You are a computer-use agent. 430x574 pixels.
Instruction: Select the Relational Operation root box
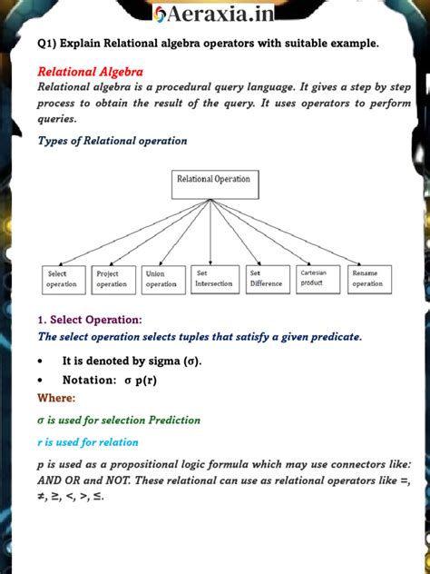tap(213, 184)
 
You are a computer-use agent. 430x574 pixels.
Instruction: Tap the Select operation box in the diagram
tap(64, 279)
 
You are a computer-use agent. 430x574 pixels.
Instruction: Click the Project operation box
tap(113, 279)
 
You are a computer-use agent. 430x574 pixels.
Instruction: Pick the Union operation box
tap(163, 279)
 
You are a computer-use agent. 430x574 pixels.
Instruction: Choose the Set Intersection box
tap(213, 278)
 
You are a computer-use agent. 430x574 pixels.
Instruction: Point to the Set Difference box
tap(268, 278)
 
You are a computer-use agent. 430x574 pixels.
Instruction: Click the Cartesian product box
tap(318, 277)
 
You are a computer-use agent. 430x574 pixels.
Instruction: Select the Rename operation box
tap(369, 279)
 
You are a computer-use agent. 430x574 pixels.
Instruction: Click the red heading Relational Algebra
tap(90, 71)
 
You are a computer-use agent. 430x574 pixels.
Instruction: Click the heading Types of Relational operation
tap(112, 141)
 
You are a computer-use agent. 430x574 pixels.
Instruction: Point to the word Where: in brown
tap(56, 398)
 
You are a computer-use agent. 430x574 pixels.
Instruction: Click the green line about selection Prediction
tap(119, 421)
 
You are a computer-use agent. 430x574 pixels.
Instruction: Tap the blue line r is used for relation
tap(88, 442)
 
